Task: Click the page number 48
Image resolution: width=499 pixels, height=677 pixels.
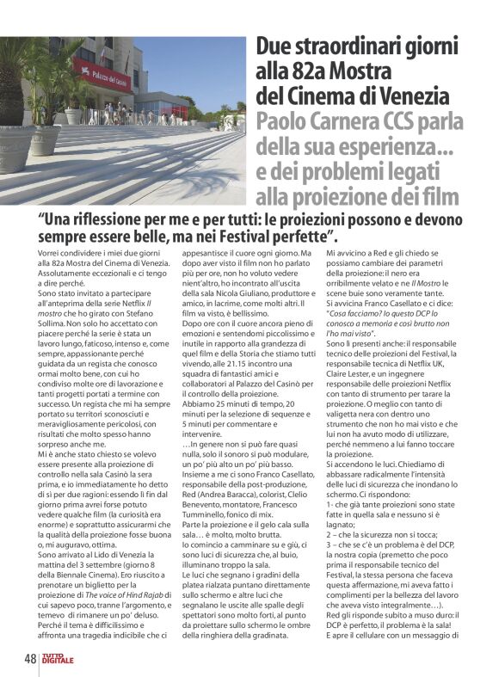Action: pos(30,661)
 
